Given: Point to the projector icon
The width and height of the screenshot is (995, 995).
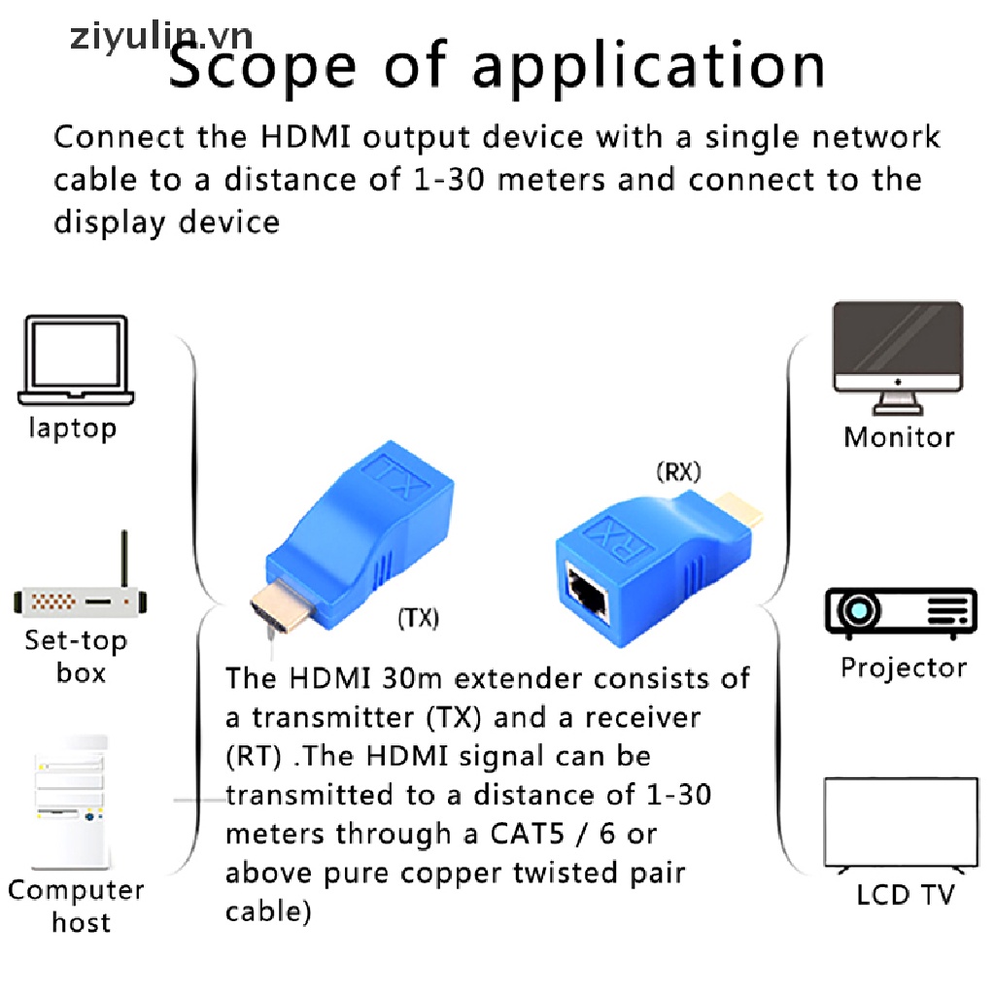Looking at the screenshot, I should tap(901, 612).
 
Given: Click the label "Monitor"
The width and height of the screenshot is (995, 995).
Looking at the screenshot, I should tap(899, 437).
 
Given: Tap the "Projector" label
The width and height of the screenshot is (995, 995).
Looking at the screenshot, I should tap(904, 668).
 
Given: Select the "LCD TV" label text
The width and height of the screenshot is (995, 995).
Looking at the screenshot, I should tap(906, 894).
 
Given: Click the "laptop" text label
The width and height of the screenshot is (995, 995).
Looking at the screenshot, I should tap(72, 428).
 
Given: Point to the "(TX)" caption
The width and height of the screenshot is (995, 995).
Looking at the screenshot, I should tap(418, 618).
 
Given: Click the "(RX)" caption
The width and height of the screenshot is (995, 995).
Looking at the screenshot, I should tap(679, 472).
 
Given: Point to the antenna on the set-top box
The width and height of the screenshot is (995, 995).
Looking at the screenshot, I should tap(124, 559).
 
